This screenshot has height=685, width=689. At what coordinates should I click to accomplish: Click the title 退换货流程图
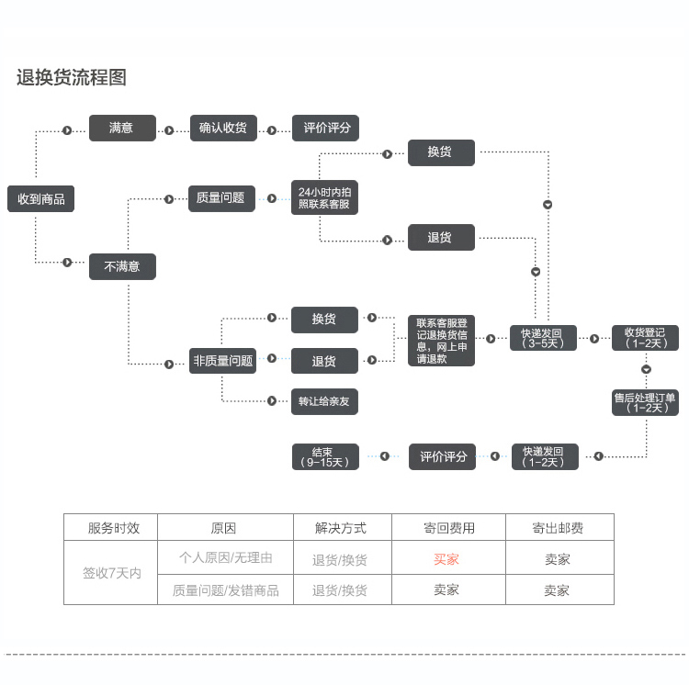tap(72, 78)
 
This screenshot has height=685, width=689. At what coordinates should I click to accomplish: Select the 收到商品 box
tap(40, 198)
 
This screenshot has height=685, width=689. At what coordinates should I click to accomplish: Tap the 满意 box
tap(122, 129)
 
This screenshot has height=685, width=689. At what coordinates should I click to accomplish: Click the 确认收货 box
tap(223, 129)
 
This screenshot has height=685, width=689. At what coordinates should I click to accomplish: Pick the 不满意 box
tap(122, 266)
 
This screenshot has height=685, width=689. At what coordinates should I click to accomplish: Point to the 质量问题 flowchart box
tap(220, 197)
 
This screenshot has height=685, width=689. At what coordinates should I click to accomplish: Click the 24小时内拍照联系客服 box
tap(324, 197)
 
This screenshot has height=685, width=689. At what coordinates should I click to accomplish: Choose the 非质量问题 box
tap(222, 361)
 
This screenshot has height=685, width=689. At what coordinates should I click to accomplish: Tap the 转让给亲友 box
tap(324, 401)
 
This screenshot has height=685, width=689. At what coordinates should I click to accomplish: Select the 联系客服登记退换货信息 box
tap(442, 341)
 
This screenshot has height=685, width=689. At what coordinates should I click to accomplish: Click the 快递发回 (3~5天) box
tap(544, 338)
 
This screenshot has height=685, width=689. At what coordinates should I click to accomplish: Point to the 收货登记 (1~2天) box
tap(646, 338)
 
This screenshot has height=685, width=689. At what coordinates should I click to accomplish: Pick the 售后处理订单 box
tap(646, 402)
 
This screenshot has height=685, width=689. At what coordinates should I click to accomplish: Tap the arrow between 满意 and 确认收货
tap(170, 130)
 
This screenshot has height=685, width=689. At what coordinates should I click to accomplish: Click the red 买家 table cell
tap(447, 558)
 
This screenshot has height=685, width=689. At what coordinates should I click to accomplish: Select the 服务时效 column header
tap(114, 528)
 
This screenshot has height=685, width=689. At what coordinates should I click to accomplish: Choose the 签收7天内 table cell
tap(111, 573)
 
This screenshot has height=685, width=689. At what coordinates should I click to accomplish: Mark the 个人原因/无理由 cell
tap(225, 558)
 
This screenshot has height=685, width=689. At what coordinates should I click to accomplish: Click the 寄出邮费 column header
tap(558, 528)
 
